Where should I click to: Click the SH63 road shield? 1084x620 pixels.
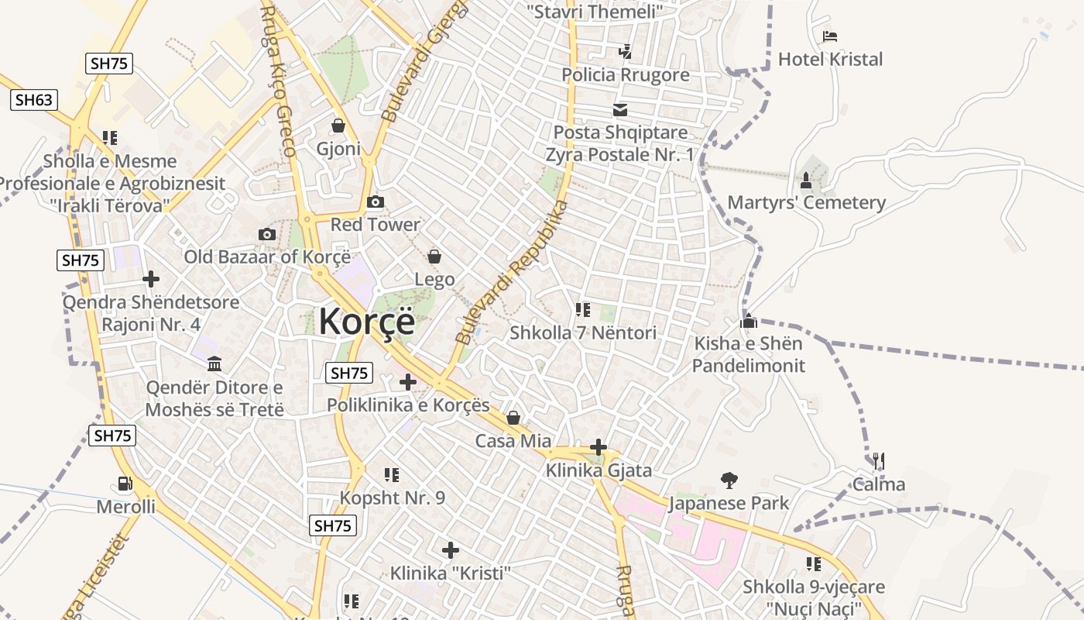click(x=34, y=100)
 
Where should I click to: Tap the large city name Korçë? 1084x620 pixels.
click(x=367, y=321)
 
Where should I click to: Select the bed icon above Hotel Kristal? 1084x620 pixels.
click(x=830, y=36)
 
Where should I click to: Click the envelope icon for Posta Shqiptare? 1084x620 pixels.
click(x=620, y=110)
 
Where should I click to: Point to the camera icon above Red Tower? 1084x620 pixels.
click(x=376, y=202)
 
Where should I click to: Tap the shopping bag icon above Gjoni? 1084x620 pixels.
click(x=338, y=126)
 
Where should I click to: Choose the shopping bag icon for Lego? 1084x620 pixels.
click(x=434, y=257)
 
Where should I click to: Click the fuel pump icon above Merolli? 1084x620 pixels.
click(x=125, y=484)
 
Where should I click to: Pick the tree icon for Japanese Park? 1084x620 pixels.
click(x=729, y=480)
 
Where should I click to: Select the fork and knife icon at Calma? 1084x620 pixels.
click(x=878, y=462)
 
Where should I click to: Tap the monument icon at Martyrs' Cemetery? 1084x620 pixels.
click(x=806, y=181)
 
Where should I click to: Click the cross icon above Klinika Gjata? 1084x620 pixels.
click(x=598, y=447)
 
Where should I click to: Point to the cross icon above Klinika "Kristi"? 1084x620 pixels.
click(x=451, y=550)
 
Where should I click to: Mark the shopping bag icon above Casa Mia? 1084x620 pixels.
click(x=513, y=418)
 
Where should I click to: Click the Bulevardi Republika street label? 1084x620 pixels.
click(x=512, y=272)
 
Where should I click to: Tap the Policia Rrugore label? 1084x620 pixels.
click(x=626, y=75)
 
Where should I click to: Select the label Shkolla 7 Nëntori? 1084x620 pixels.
click(x=583, y=333)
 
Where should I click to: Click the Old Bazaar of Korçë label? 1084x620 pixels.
click(x=267, y=257)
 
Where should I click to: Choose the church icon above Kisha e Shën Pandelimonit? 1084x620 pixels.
click(x=749, y=321)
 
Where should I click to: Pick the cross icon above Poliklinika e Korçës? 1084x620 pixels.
click(x=408, y=382)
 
